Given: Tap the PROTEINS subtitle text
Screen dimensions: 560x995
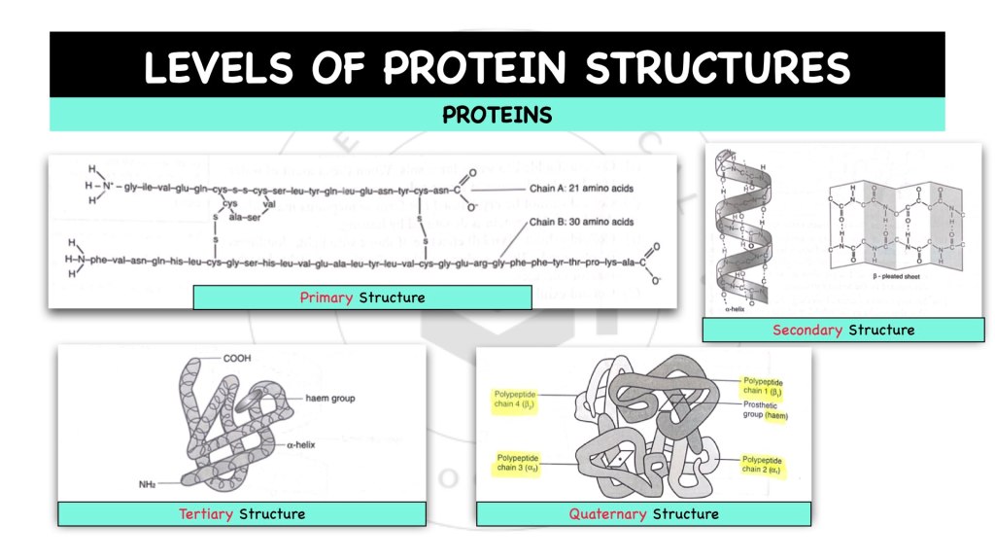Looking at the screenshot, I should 497,116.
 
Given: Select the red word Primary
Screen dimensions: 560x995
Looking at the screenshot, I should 327,297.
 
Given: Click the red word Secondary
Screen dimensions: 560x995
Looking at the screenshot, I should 807,330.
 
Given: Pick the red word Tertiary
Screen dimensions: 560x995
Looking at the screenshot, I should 205,513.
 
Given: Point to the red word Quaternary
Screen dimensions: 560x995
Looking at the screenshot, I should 608,513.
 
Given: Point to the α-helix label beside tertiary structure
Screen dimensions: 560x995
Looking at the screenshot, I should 303,443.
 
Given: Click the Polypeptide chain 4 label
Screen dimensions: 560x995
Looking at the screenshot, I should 514,399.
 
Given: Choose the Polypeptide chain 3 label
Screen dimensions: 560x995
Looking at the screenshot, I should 516,463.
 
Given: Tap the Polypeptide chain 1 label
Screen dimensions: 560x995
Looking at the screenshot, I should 763,386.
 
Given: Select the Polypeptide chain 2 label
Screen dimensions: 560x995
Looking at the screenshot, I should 763,464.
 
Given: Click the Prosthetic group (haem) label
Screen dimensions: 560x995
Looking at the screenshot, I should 763,410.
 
